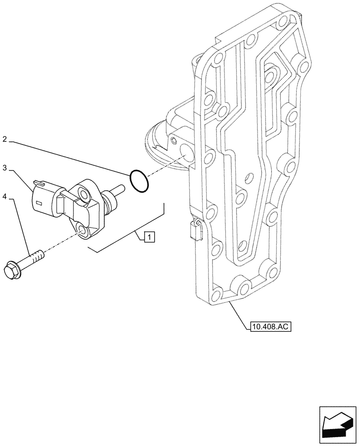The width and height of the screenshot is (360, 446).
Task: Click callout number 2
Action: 4,140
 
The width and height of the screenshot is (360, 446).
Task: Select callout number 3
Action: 4,168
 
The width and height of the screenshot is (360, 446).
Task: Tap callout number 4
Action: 4,196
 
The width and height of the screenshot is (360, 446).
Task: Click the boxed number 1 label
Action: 149,237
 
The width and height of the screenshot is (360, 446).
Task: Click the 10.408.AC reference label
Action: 270,327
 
